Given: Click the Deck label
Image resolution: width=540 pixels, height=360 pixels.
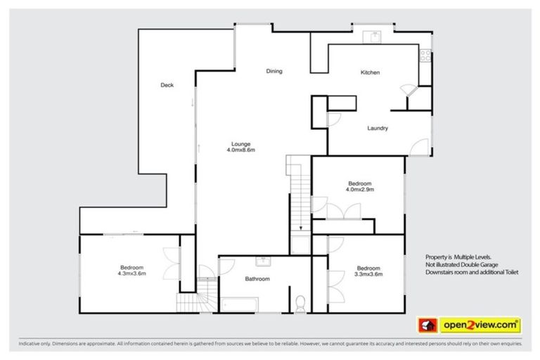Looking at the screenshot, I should (167, 85).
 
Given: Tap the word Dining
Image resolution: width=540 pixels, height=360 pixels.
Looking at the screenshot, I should (274, 72).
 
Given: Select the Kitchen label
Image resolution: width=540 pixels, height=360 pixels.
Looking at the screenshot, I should (370, 73).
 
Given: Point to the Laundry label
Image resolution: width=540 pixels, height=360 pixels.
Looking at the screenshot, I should (378, 128).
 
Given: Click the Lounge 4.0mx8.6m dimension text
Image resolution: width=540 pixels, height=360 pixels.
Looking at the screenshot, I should (240, 150).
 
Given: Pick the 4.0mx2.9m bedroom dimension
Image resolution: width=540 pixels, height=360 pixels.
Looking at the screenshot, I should (359, 189).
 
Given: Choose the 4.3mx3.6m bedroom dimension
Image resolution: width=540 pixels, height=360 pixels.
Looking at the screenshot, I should (131, 273).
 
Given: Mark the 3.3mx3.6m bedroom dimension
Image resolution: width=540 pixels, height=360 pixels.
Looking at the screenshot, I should (368, 273).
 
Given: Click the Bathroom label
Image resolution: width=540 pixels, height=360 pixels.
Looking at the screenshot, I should (257, 279).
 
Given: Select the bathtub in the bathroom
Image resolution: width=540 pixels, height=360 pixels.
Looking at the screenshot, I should (239, 304).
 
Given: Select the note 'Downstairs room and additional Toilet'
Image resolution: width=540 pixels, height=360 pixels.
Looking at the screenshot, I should (471, 272).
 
